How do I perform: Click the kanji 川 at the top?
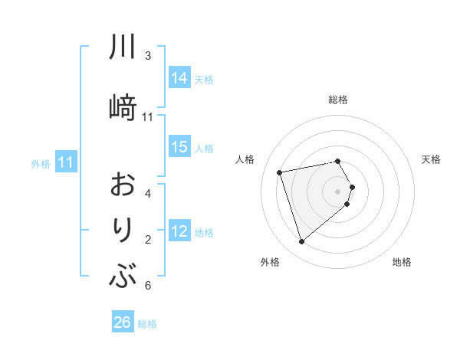(123, 48)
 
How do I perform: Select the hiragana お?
(123, 186)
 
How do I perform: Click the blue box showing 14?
(179, 77)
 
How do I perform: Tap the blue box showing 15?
(179, 147)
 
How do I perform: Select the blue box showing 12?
(179, 231)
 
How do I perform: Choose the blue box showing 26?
(123, 322)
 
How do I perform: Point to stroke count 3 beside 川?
(148, 56)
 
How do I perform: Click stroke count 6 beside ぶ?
(148, 286)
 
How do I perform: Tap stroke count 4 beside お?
(148, 193)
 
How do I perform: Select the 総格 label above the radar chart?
(338, 100)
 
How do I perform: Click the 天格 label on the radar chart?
(431, 159)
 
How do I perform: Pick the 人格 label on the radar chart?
(245, 159)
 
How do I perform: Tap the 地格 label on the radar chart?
(402, 262)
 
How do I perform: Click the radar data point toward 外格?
(301, 242)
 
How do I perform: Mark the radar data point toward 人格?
(280, 172)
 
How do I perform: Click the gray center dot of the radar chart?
(338, 191)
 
